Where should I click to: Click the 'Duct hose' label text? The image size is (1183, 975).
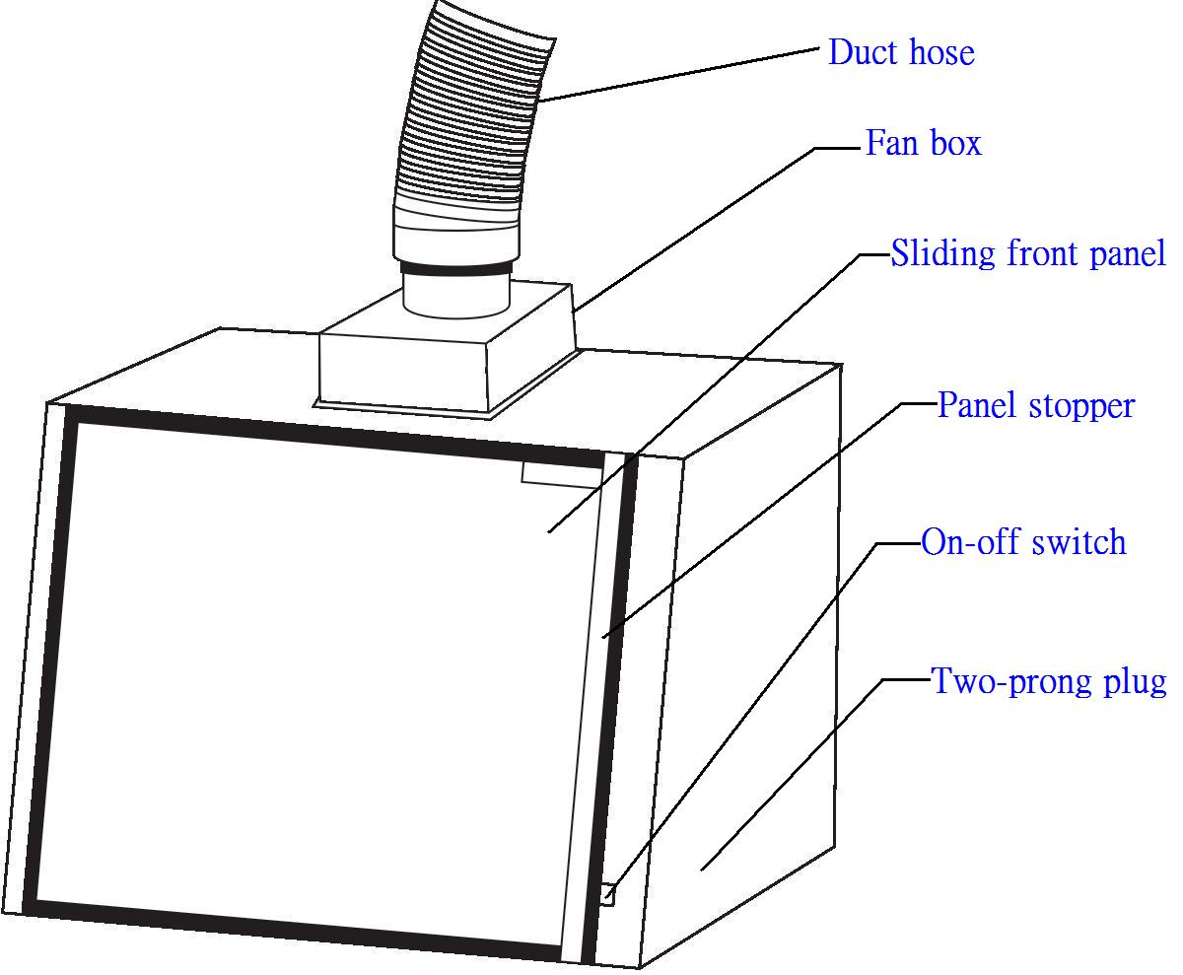(x=901, y=52)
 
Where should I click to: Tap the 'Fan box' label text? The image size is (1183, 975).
(x=923, y=144)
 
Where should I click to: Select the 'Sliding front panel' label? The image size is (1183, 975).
(x=1028, y=253)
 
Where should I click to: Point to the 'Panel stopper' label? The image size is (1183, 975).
(x=1035, y=405)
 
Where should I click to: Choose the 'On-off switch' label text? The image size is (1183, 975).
(x=1023, y=542)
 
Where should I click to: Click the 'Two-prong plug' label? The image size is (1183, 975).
(x=1049, y=681)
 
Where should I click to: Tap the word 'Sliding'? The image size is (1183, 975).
(x=943, y=253)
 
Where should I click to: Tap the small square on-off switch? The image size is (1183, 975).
(x=606, y=895)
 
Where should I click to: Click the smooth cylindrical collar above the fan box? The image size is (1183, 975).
(x=455, y=296)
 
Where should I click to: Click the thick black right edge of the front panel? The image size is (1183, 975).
(x=611, y=690)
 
